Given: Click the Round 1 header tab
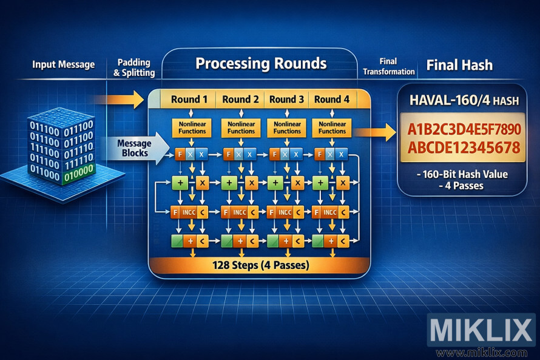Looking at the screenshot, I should (189, 100).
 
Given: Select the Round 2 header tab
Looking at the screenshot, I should (240, 100).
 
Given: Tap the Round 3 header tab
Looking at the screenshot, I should (286, 100).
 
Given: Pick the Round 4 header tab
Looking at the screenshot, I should (332, 100).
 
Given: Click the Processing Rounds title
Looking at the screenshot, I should (261, 64).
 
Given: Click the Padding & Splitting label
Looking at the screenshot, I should (134, 68).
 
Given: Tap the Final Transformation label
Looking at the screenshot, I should (388, 67).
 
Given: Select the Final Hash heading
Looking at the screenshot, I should (459, 65).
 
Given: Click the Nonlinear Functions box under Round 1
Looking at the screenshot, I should (191, 127).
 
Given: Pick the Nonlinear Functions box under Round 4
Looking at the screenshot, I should (332, 127).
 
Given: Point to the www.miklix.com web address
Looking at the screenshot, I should (482, 353).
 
